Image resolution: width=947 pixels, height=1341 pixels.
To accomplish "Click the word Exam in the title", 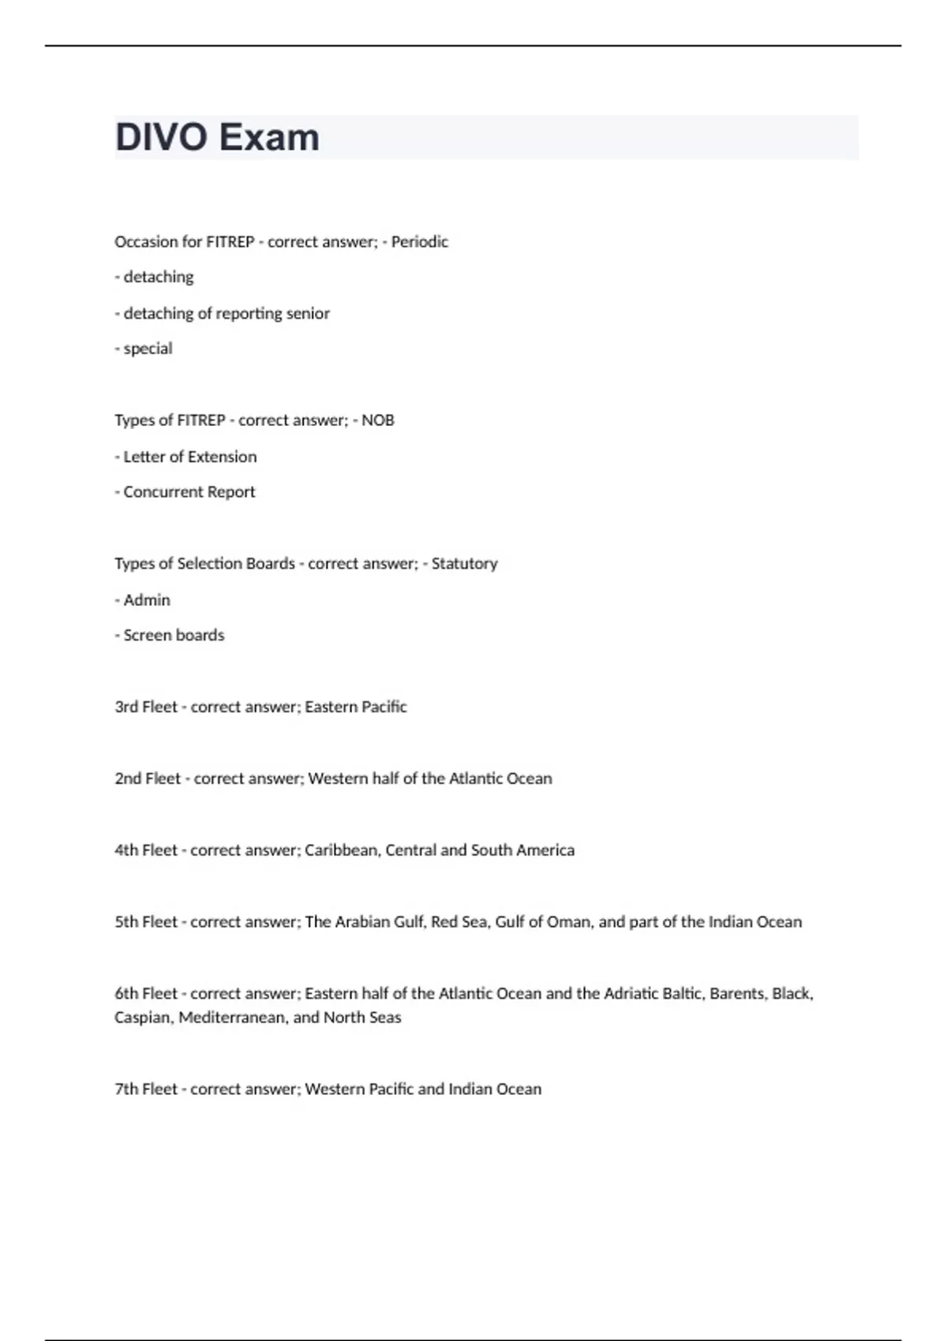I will [x=269, y=137].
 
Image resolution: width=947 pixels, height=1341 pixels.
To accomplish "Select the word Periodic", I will [x=420, y=241].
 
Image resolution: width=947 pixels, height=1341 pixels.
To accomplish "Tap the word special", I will [x=148, y=349].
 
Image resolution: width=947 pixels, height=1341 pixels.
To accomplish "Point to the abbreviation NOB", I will [x=378, y=420].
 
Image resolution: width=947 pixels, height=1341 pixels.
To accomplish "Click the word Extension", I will [x=223, y=457].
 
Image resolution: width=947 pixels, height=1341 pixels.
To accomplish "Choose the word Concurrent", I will [x=163, y=492].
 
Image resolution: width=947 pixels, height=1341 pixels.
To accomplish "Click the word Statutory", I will [x=464, y=564].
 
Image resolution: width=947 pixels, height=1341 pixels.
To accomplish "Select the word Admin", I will [x=147, y=600].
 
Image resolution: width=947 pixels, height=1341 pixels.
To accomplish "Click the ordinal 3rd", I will [x=126, y=707].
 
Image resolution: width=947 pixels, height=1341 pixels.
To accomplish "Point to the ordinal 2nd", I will [x=128, y=779].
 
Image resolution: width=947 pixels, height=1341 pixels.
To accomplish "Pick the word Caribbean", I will [x=342, y=850].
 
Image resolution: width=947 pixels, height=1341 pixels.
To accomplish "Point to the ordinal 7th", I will [x=126, y=1089].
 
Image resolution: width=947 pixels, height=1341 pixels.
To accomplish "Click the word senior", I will [x=308, y=313].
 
